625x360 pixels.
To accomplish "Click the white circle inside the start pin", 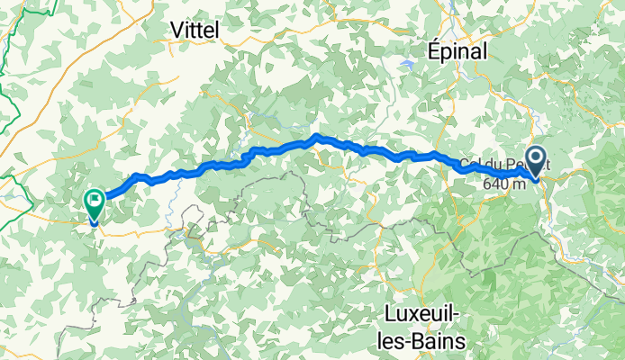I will tap(537, 158).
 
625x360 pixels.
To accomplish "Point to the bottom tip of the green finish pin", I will tap(94, 222).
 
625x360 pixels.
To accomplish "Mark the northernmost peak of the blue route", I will tap(317, 137).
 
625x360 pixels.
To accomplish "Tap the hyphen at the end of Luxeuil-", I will tap(461, 316).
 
